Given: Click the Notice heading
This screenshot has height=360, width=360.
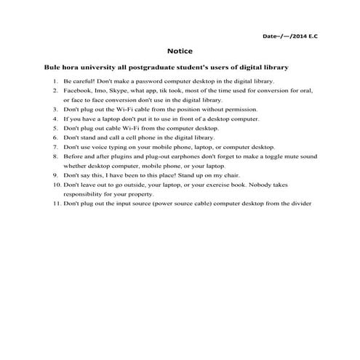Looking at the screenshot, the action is [179, 52].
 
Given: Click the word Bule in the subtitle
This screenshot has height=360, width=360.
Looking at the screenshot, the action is [54, 67].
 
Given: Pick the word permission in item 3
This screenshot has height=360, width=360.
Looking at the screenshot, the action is [240, 108].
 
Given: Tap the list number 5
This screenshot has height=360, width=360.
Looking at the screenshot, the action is [56, 127].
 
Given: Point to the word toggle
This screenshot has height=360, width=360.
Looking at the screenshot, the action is [272, 156].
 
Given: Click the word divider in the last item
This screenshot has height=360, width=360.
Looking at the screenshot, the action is [301, 204].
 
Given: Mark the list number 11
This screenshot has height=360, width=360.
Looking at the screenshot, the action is [55, 204].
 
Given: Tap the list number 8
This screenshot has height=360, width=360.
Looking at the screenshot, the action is [56, 156].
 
